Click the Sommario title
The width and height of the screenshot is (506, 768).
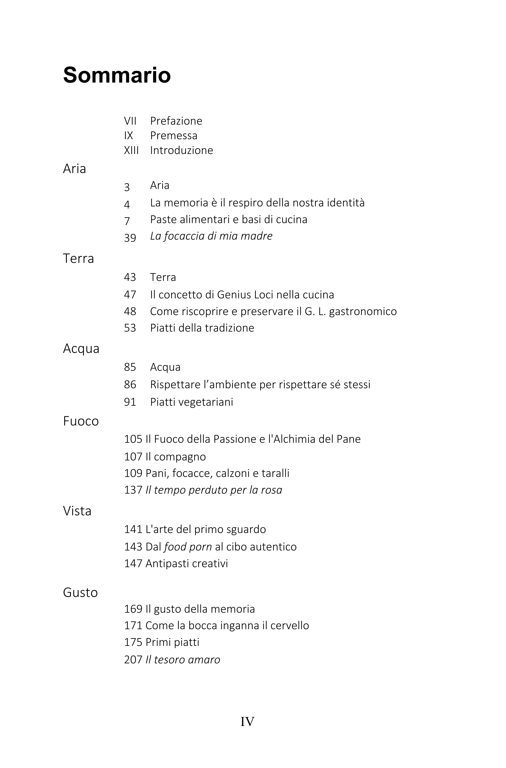117,75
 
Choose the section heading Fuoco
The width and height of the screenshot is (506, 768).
81,421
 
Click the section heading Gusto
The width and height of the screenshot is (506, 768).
80,593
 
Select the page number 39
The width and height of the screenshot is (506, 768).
130,238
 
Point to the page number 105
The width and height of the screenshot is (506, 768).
133,439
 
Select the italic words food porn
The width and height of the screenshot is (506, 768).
188,547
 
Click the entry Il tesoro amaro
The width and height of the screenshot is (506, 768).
183,660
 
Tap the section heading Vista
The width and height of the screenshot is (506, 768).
77,511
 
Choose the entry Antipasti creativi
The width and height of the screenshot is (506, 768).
186,563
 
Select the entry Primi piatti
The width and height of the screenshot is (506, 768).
172,642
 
